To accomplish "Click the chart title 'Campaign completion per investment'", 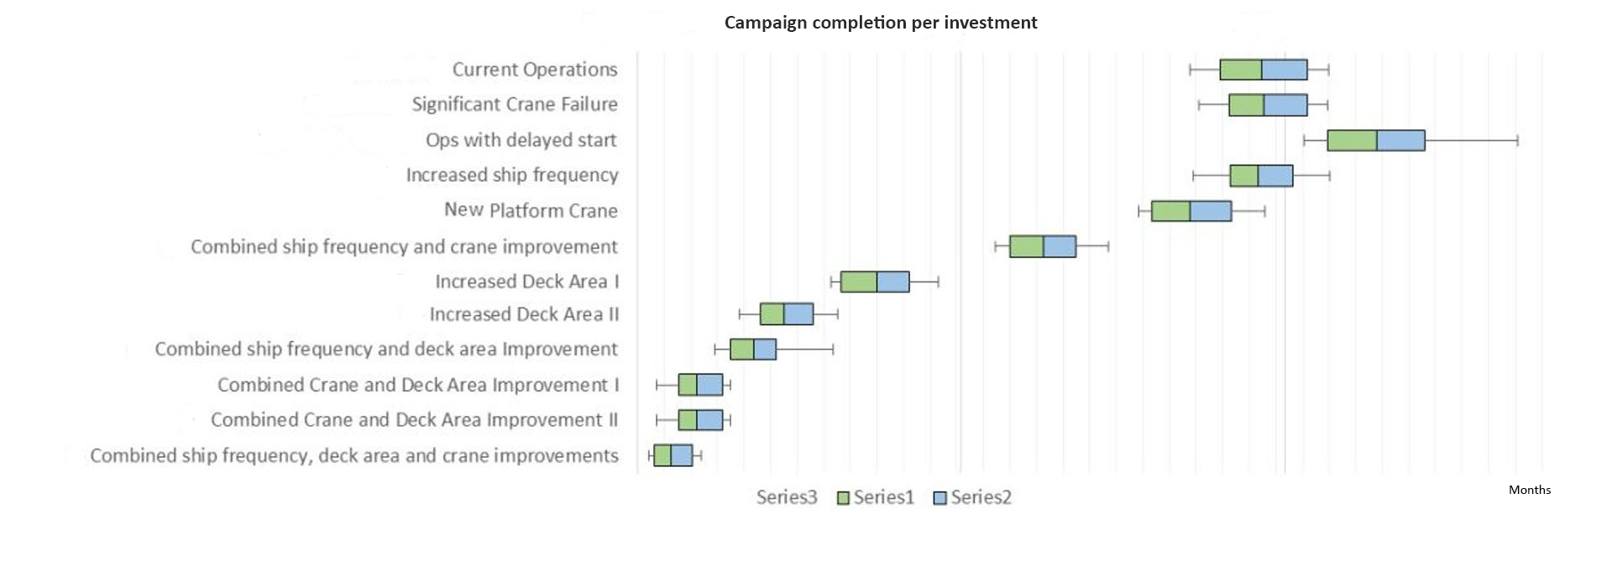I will tap(881, 23).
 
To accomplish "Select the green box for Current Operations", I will tap(1240, 70).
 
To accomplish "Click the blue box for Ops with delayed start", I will tap(1400, 140).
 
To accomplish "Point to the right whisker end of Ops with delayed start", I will tap(1517, 140).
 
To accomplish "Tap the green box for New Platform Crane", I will tap(1170, 211).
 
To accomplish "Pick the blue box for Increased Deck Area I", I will tap(892, 281).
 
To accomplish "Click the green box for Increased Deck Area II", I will tap(772, 314).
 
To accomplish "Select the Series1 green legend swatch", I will tap(844, 498).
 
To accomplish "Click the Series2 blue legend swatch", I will tap(940, 498).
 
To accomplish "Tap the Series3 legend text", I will tap(786, 497).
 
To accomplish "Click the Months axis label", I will tap(1529, 490).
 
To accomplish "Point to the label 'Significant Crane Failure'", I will tap(514, 104).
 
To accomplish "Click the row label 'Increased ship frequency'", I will tap(511, 175).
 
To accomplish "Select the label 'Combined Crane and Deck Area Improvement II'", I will tap(414, 420).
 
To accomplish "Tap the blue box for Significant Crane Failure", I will tap(1285, 105).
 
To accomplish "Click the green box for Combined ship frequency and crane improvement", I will tap(1026, 246).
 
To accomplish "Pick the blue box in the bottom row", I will tap(681, 455).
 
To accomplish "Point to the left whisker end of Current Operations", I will tap(1191, 70).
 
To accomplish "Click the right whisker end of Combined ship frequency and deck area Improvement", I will tap(833, 349).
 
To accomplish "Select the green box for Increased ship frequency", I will tap(1243, 176).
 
